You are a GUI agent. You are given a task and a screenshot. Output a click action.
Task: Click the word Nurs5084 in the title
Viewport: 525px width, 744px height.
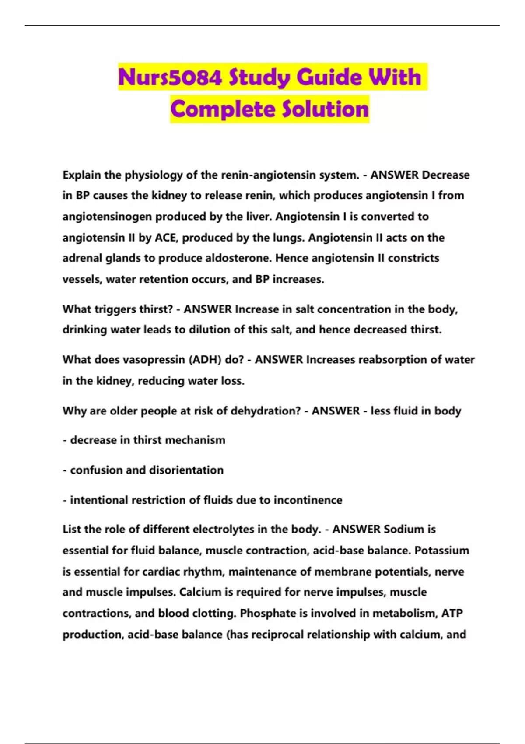170,77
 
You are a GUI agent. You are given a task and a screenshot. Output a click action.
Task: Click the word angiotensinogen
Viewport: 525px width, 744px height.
107,217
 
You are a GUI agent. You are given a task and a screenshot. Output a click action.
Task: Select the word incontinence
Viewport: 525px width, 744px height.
308,500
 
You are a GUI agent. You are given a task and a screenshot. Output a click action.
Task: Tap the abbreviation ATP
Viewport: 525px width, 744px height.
452,613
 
